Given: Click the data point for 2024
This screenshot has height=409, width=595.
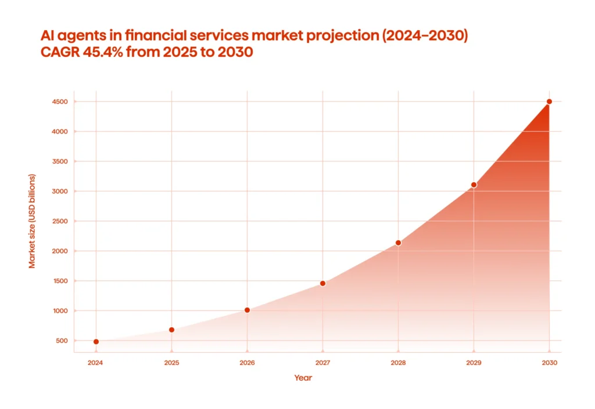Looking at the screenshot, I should coord(96,342).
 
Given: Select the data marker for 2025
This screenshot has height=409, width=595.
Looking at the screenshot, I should coord(171,330).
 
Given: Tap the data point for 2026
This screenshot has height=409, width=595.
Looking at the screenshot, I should coord(247,310).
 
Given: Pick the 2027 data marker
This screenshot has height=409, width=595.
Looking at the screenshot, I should coord(322,283).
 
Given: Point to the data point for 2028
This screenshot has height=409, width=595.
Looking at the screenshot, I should coord(398,242).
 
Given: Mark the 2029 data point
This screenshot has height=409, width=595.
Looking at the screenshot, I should coord(474,184).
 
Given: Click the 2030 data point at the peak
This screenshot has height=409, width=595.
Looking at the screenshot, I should coord(549,102).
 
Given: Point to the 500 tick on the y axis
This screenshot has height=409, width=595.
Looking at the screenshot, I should coord(62,341).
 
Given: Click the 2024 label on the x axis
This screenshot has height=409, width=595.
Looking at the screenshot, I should coord(96,363).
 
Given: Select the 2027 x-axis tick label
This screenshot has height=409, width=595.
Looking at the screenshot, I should coord(322,363).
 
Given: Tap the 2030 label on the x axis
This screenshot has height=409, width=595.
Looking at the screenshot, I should coord(549,363).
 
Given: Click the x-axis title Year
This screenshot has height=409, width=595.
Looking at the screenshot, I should coord(303,378).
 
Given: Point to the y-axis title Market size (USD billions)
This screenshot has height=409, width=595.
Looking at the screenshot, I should coord(33,221).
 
